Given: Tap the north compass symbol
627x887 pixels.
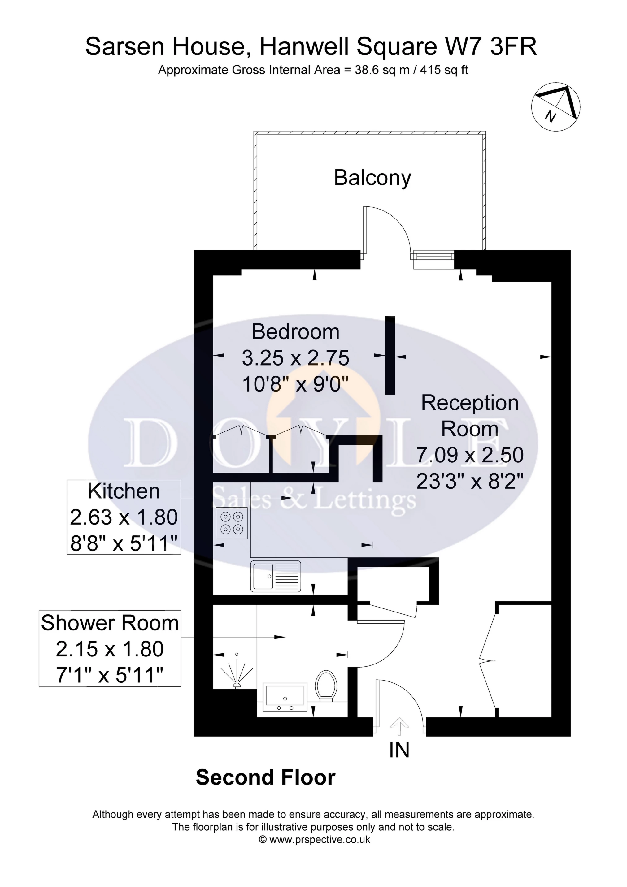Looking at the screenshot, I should pos(556,106).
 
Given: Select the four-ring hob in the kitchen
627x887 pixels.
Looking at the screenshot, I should pos(231,523).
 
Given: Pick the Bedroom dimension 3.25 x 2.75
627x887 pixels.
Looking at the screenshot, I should pos(295,358).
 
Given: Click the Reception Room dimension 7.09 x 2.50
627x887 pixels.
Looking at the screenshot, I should pos(470,455).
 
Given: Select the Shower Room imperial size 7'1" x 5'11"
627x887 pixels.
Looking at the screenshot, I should pos(110,676).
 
